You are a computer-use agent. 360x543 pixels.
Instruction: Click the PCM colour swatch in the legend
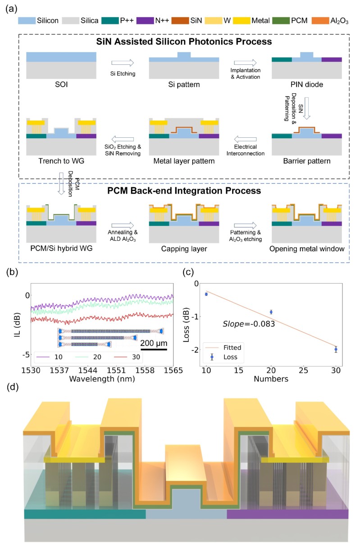coord(281,21)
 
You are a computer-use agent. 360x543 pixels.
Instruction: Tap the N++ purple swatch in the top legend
coord(145,21)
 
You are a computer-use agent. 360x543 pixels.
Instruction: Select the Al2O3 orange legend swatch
coord(320,21)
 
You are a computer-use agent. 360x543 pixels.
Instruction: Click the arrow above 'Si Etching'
coord(123,63)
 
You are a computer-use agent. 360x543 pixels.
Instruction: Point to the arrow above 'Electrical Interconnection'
coord(245,139)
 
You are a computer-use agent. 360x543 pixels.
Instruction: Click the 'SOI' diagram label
coord(61,84)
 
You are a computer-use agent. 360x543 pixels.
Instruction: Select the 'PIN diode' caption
coord(307,84)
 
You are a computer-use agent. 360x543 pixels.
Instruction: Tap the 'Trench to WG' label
coord(61,161)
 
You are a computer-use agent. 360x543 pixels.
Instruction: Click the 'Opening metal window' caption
coord(307,249)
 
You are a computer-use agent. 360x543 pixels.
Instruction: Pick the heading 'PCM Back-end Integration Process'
coord(184,191)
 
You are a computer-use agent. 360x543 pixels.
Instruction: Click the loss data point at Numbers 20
coord(271,312)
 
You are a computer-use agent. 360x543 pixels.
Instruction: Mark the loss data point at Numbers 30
coord(336,349)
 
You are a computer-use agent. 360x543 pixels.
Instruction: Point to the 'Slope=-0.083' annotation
coord(249,324)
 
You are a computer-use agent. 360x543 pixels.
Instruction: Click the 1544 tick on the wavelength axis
coord(87,371)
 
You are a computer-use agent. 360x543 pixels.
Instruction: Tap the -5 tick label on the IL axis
coord(26,355)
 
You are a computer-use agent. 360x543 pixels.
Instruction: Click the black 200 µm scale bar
coord(154,349)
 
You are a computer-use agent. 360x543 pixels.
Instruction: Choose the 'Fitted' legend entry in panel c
coord(223,348)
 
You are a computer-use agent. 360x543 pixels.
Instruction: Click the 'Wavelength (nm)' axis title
coord(102,379)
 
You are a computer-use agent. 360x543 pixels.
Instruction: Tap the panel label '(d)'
coord(13,387)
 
